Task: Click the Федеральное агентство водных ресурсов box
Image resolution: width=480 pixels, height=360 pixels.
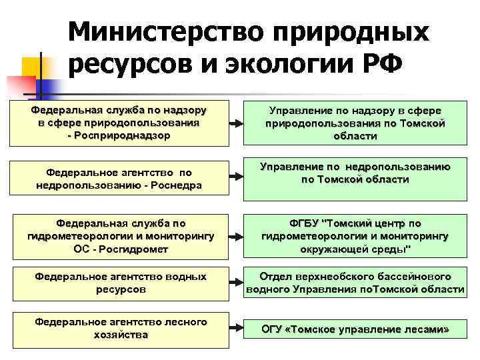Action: [121, 283]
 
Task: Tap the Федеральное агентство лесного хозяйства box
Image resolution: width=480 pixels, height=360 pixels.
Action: [121, 329]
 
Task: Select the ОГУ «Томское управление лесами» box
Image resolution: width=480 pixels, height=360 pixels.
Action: [355, 329]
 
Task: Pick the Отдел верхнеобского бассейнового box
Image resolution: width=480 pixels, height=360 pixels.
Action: [355, 283]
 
